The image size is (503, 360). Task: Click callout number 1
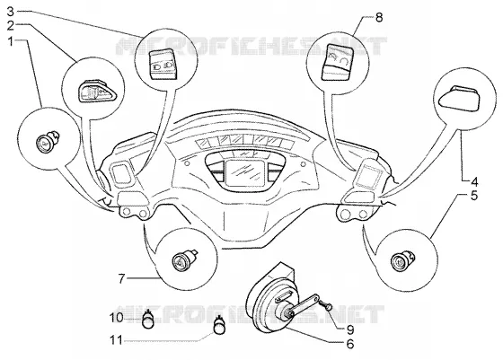point(11,41)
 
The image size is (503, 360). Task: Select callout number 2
point(11,26)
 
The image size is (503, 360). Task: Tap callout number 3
point(11,13)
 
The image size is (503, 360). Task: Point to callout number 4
point(474,182)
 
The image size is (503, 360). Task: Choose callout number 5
point(474,196)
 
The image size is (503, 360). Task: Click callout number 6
point(350,344)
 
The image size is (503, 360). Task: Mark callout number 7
point(121,278)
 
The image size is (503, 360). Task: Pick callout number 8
point(379,17)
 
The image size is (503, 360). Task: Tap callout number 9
point(350,329)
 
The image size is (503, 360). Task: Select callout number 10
point(116,318)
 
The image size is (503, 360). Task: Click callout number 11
point(116,340)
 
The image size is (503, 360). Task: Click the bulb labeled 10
point(147,320)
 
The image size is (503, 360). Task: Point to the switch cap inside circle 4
point(459,98)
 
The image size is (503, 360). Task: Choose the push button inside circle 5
point(402,259)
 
